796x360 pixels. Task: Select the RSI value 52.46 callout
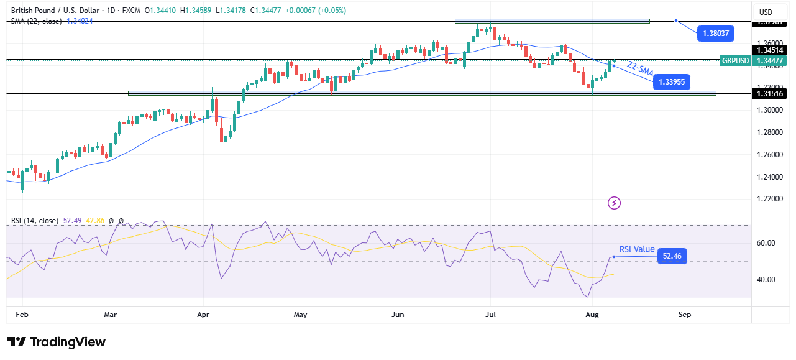point(672,255)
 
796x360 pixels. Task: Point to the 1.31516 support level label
point(769,93)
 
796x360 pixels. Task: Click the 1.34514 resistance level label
point(769,50)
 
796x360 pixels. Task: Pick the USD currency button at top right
point(766,12)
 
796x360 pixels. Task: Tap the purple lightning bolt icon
point(614,203)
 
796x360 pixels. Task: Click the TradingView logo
point(57,342)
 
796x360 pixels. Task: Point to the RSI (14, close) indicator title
point(34,221)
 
